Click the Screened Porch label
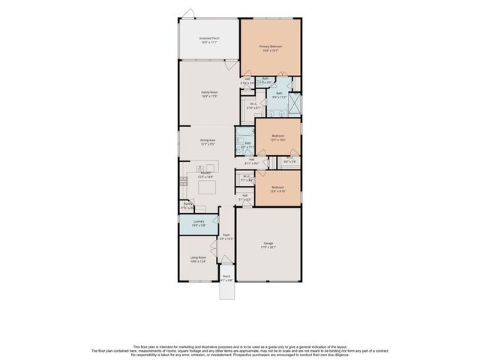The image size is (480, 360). [x=209, y=40]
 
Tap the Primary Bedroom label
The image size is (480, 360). [x=270, y=48]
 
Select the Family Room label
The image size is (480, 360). [x=209, y=94]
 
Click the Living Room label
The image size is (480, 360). [x=197, y=259]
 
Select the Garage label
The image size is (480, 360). [x=268, y=245]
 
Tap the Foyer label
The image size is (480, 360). [x=226, y=237]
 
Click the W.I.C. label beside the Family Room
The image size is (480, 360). [x=253, y=106]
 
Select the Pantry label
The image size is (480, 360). [x=188, y=206]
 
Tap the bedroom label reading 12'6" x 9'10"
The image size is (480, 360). [x=277, y=188]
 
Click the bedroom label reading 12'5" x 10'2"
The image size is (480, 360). [x=277, y=137]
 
